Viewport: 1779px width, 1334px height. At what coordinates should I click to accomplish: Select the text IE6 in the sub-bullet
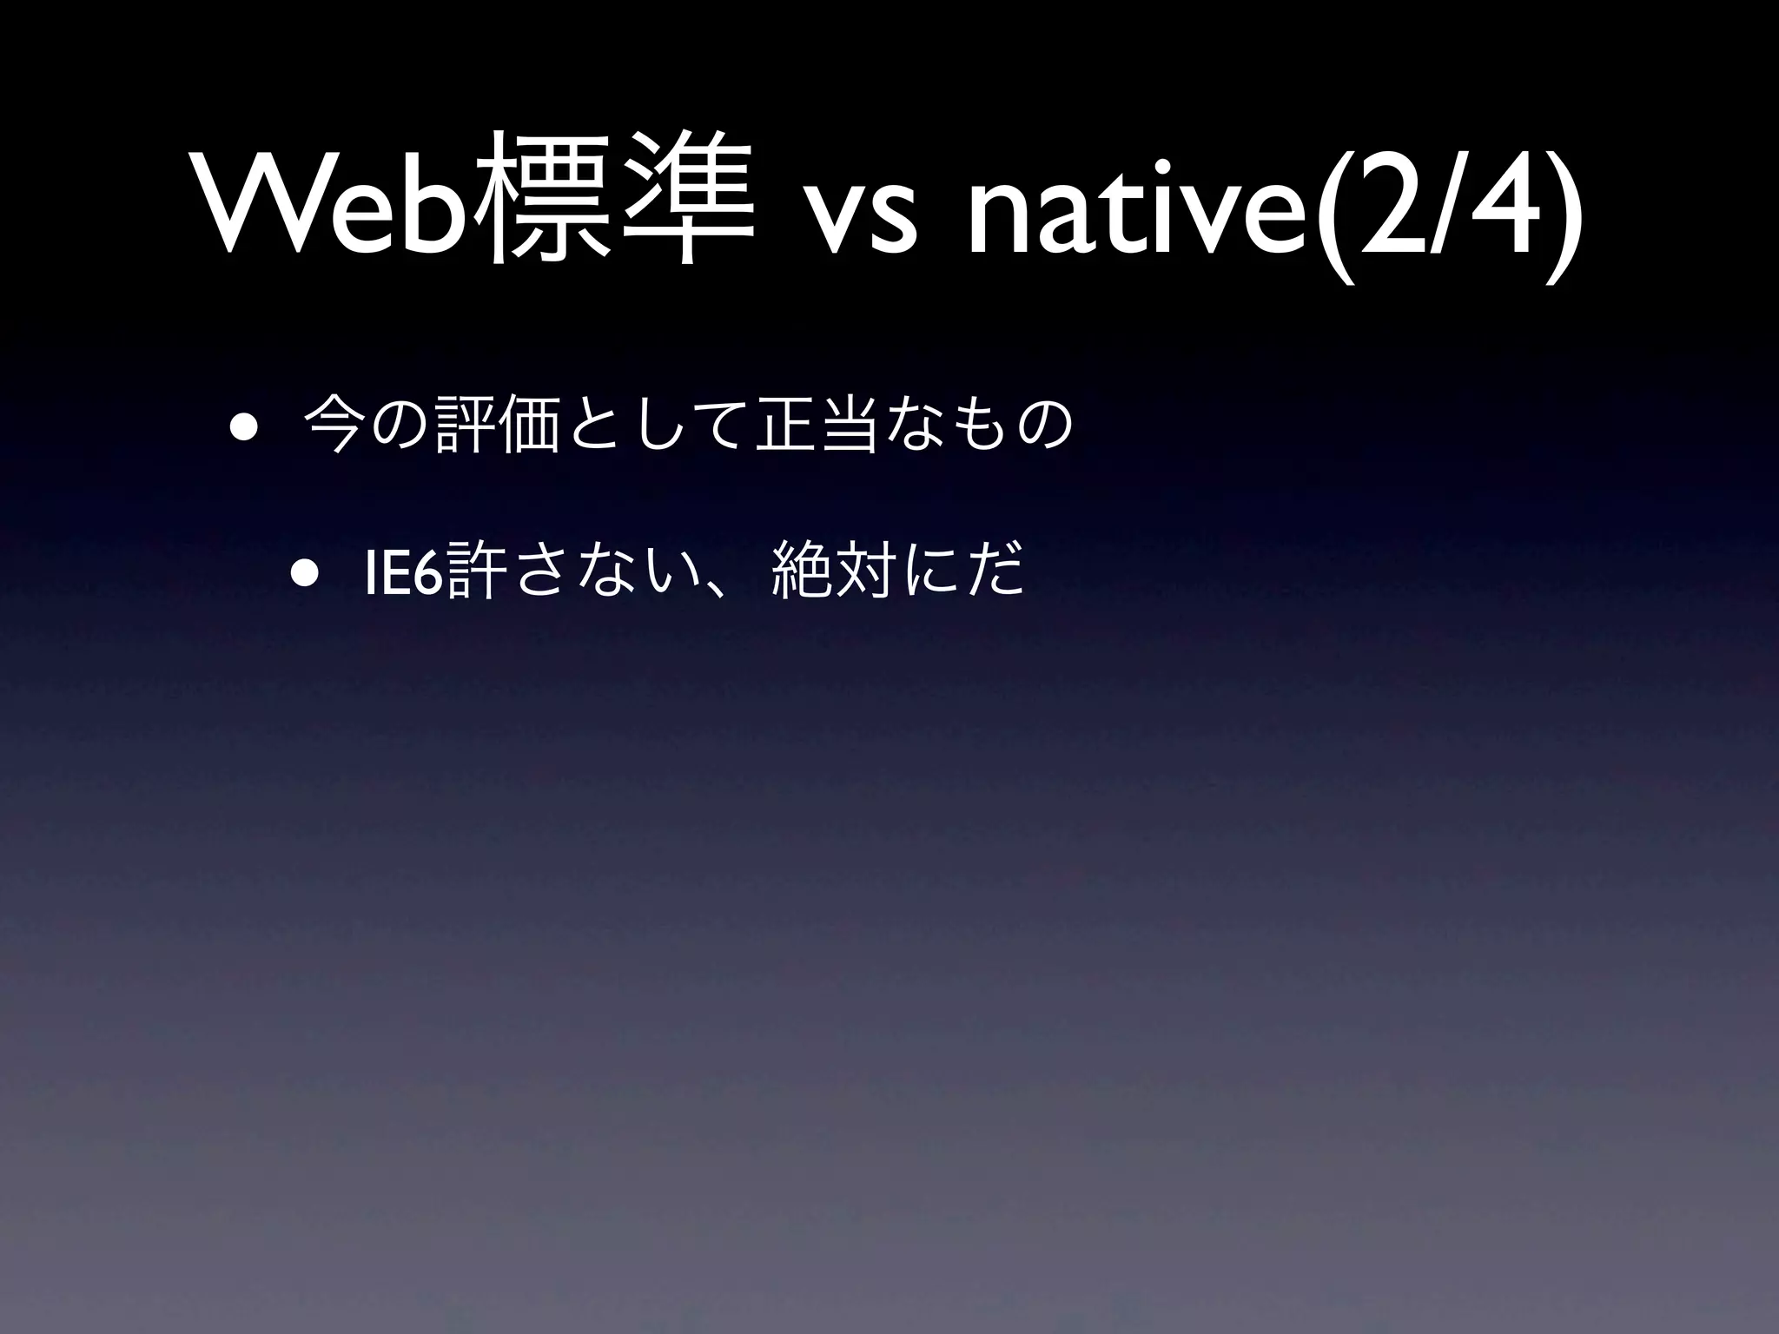[x=405, y=573]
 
